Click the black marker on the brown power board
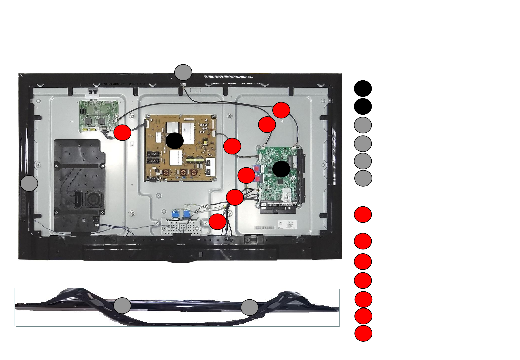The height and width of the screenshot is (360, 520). pyautogui.click(x=175, y=140)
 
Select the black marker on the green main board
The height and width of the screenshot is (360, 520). pyautogui.click(x=281, y=169)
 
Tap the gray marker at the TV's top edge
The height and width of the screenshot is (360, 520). pyautogui.click(x=183, y=72)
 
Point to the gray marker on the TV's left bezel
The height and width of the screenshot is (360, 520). pyautogui.click(x=29, y=183)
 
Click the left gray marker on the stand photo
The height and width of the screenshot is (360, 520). pyautogui.click(x=122, y=306)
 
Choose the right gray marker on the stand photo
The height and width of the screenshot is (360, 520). pyautogui.click(x=249, y=307)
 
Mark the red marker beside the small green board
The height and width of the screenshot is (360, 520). pyautogui.click(x=122, y=133)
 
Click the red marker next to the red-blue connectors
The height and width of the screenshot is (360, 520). pyautogui.click(x=246, y=175)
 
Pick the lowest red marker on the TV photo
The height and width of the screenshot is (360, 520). pyautogui.click(x=217, y=222)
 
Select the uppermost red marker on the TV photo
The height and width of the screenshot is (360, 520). pyautogui.click(x=281, y=110)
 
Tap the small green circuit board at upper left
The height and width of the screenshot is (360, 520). pyautogui.click(x=99, y=116)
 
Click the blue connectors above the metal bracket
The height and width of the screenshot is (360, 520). pyautogui.click(x=181, y=214)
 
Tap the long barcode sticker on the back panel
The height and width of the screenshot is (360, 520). pyautogui.click(x=265, y=228)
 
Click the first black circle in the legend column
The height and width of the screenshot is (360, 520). pyautogui.click(x=363, y=89)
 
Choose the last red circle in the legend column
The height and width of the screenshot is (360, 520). pyautogui.click(x=363, y=334)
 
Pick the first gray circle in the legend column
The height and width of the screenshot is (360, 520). pyautogui.click(x=363, y=125)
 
